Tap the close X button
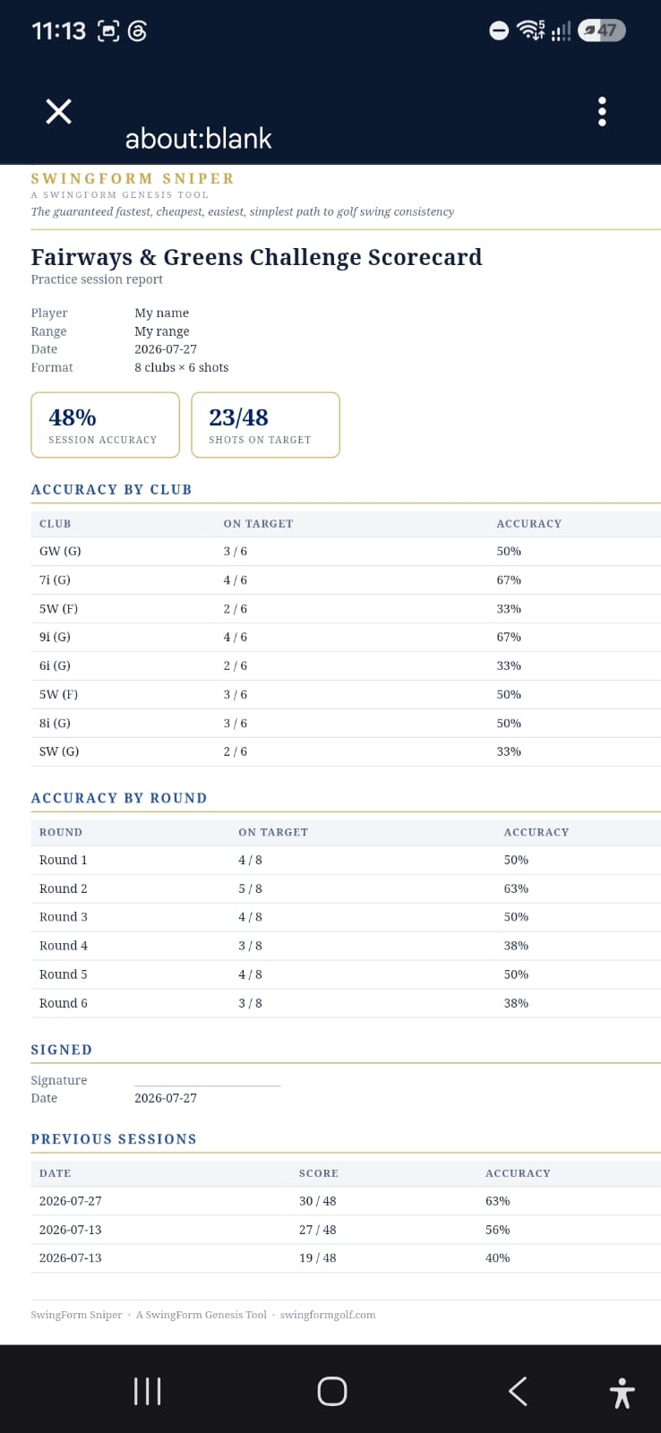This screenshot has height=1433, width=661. pyautogui.click(x=58, y=111)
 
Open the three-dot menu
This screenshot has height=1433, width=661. pyautogui.click(x=602, y=112)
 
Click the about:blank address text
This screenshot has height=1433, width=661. pyautogui.click(x=198, y=139)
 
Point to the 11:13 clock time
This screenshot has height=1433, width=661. pyautogui.click(x=58, y=30)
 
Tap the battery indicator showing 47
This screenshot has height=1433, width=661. pyautogui.click(x=602, y=30)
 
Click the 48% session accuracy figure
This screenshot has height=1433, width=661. pyautogui.click(x=73, y=417)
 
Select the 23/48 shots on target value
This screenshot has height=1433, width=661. pyautogui.click(x=238, y=417)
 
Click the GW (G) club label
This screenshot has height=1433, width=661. pyautogui.click(x=60, y=551)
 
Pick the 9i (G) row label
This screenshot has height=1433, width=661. pyautogui.click(x=55, y=637)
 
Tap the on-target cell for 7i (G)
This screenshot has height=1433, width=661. pyautogui.click(x=235, y=579)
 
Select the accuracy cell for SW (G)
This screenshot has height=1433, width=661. pyautogui.click(x=509, y=751)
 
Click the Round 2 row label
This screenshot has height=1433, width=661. pyautogui.click(x=64, y=888)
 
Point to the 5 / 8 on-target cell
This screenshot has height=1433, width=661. pyautogui.click(x=250, y=888)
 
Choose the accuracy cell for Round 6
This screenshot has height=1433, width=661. pyautogui.click(x=516, y=1002)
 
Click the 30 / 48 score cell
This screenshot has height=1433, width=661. pyautogui.click(x=317, y=1201)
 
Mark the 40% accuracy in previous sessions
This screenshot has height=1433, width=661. pyautogui.click(x=497, y=1257)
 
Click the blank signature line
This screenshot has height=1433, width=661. pyautogui.click(x=207, y=1085)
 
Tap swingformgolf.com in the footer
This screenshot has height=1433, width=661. pyautogui.click(x=328, y=1315)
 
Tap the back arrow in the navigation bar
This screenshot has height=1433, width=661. pyautogui.click(x=518, y=1392)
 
